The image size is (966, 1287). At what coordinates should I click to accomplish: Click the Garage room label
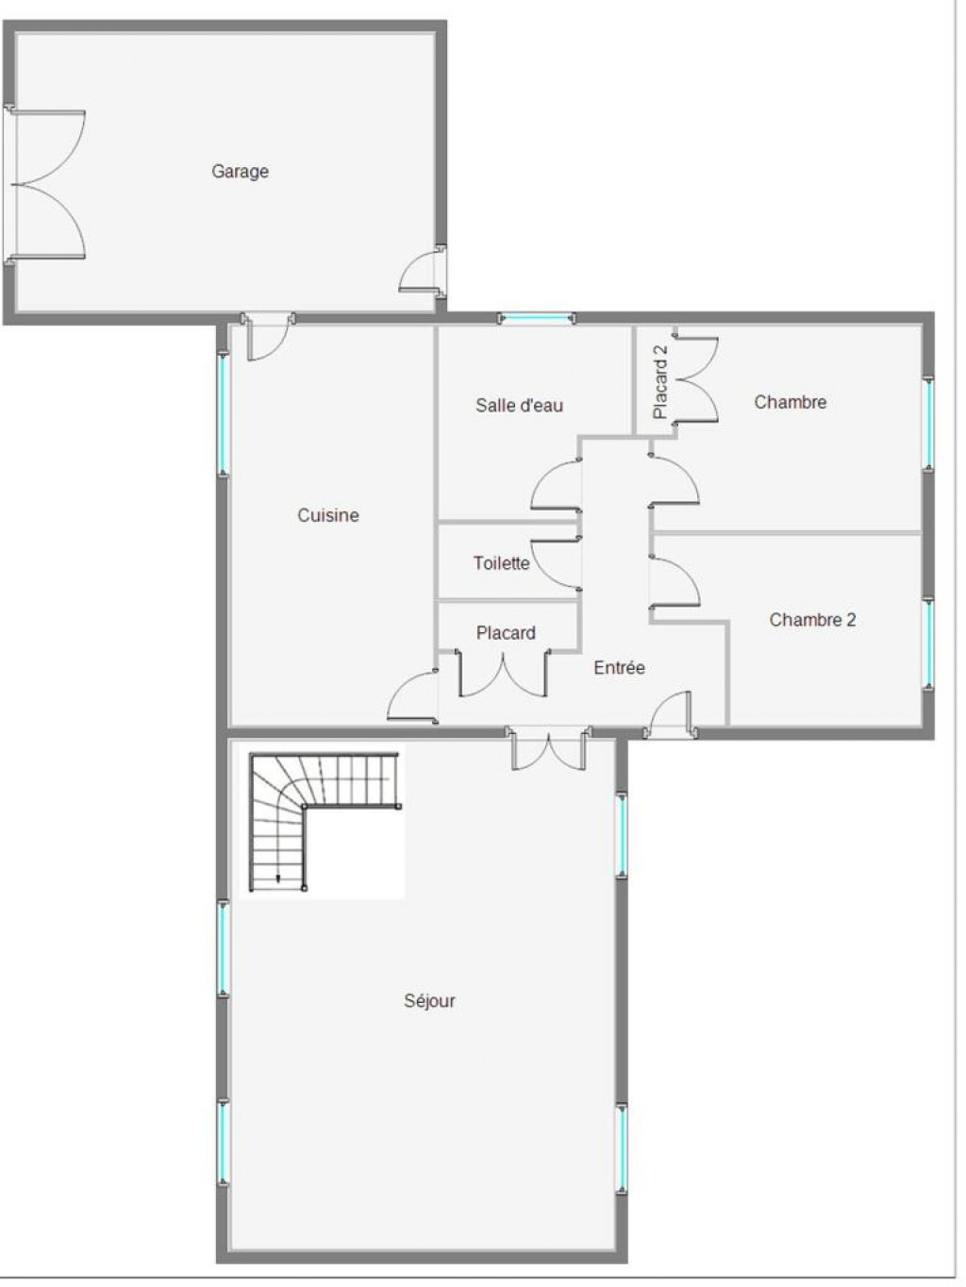240,172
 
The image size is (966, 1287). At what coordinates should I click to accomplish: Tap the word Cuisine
327,515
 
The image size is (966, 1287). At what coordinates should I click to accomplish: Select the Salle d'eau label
520,405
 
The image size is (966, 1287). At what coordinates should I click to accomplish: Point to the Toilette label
501,563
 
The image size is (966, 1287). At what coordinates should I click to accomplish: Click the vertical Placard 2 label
660,381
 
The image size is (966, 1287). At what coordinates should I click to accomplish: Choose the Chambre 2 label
812,620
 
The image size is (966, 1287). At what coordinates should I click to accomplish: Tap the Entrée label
619,667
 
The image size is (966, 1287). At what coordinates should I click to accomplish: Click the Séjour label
429,1000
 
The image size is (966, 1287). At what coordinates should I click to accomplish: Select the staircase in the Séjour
325,823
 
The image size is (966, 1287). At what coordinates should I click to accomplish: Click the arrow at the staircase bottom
278,877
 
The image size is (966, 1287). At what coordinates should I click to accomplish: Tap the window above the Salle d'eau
537,318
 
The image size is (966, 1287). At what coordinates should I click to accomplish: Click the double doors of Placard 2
696,378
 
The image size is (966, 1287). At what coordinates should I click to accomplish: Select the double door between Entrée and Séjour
549,748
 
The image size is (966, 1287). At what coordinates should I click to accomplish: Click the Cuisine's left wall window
223,413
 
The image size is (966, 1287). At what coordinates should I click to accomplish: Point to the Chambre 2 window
928,643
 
